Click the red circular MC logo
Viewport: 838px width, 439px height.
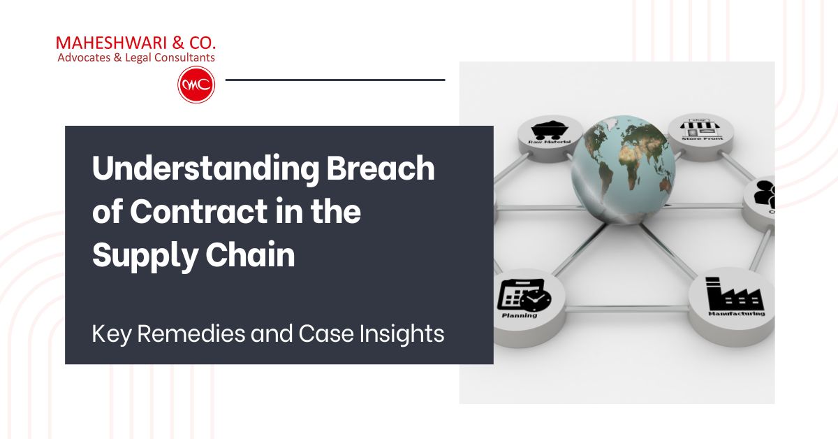(x=196, y=85)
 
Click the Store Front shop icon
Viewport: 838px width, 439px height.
(x=703, y=127)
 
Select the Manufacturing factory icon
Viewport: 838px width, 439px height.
(x=734, y=294)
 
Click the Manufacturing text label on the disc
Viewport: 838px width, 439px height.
(x=740, y=313)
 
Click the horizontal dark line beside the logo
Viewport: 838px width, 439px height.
(x=335, y=80)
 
